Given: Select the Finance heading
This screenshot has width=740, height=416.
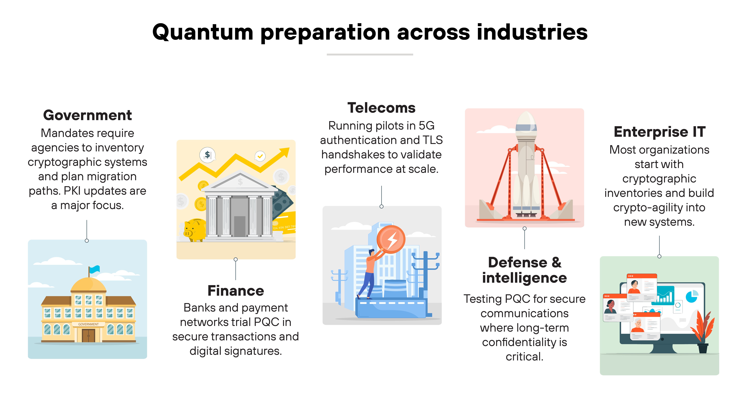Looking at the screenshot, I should (x=236, y=291).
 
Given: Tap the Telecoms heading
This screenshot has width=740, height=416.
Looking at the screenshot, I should (x=381, y=108).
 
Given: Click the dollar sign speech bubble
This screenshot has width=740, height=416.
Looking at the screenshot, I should (x=207, y=155).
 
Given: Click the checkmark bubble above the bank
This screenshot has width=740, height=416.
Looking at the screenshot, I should (x=260, y=156).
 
